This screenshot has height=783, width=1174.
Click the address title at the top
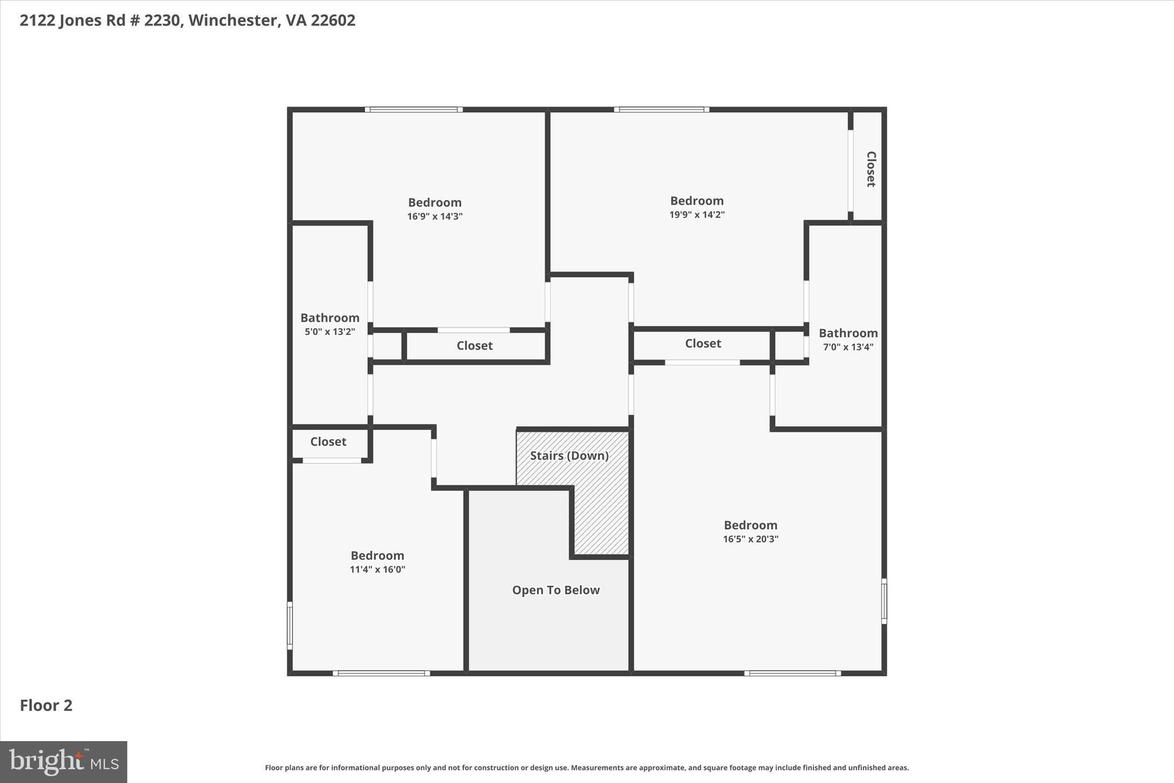(x=187, y=20)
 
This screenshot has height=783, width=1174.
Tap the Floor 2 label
(x=46, y=705)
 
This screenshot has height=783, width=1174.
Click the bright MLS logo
(x=64, y=762)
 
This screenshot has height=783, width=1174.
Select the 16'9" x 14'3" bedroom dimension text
(x=435, y=216)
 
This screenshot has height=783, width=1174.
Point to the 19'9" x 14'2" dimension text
(x=696, y=215)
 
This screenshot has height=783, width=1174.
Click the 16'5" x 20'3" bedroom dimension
(x=750, y=539)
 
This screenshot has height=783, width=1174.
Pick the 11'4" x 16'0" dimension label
(x=377, y=569)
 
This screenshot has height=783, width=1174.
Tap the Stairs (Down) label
(x=569, y=455)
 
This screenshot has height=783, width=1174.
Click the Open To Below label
(x=555, y=590)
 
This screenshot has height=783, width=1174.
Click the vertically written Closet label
(x=870, y=169)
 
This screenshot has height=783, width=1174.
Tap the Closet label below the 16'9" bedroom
(x=474, y=345)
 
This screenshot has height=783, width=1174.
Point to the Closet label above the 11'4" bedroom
(x=328, y=442)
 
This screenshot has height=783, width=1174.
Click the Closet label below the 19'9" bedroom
(x=703, y=343)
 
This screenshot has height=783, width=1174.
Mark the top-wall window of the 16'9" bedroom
(x=413, y=109)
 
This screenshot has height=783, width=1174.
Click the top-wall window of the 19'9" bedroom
(x=662, y=109)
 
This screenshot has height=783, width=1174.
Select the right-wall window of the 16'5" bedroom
(x=883, y=601)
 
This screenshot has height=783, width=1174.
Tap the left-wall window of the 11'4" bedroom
(x=290, y=625)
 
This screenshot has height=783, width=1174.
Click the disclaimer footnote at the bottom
(x=586, y=768)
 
